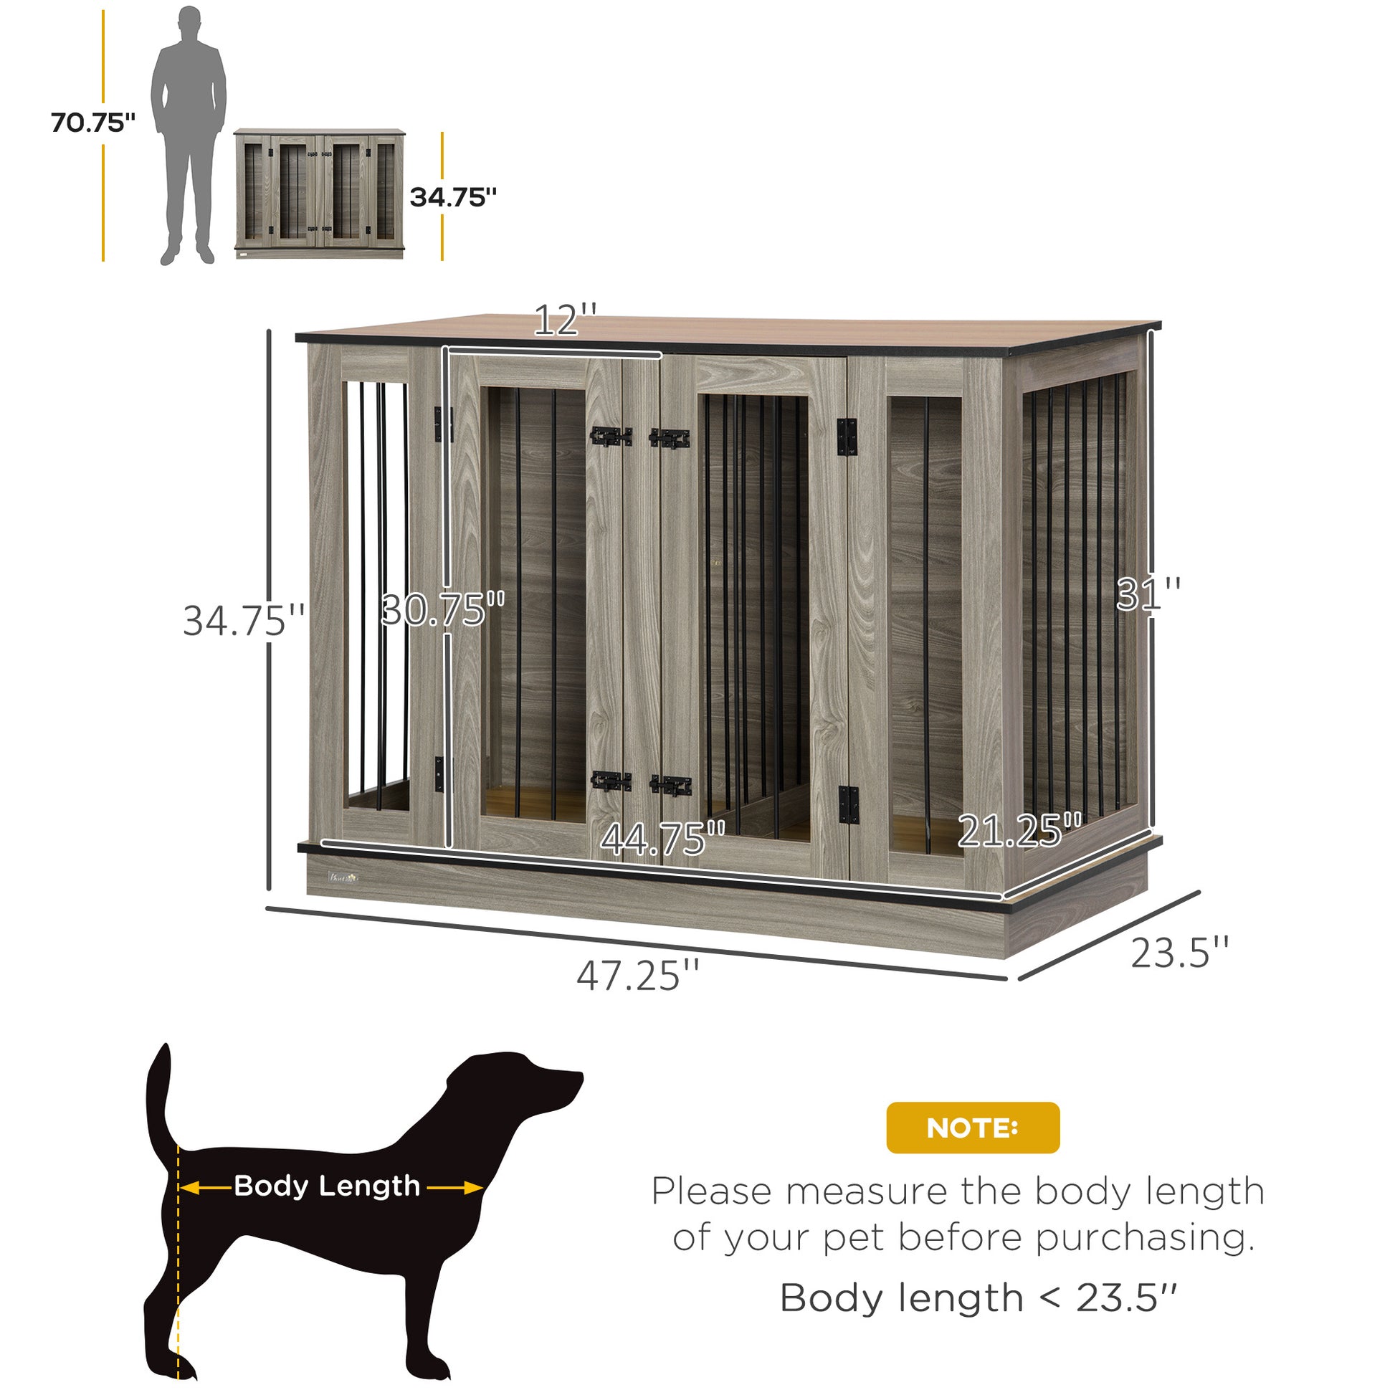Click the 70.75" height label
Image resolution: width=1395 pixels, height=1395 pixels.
point(93,123)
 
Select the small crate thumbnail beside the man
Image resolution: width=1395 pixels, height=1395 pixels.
point(319,194)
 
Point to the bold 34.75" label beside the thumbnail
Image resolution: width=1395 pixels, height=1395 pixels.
point(454,197)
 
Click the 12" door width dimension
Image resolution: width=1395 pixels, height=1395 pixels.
point(566,320)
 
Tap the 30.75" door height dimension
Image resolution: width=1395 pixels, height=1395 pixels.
point(442,609)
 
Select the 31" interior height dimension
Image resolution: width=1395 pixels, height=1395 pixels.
point(1148,594)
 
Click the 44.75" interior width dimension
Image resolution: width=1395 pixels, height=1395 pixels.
point(663,839)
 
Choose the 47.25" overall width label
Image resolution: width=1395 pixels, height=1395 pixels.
point(637,975)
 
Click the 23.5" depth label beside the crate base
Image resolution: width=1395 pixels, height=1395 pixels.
point(1179,953)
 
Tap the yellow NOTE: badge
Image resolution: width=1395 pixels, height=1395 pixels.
point(973,1127)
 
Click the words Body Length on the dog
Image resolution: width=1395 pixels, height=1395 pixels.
point(326,1186)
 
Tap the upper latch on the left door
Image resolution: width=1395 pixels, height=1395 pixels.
point(611,436)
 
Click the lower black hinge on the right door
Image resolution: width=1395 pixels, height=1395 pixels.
point(849,804)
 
